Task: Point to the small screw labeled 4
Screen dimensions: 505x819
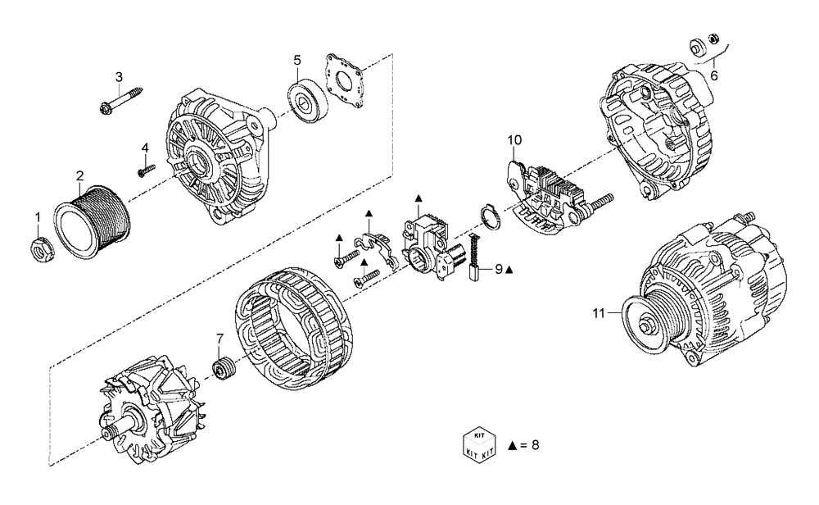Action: [147, 170]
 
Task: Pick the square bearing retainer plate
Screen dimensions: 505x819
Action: [347, 80]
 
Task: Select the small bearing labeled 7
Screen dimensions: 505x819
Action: [220, 371]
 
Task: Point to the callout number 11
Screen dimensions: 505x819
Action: [599, 312]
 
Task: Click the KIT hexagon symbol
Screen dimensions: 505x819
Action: [477, 444]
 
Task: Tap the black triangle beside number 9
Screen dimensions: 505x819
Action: [509, 269]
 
